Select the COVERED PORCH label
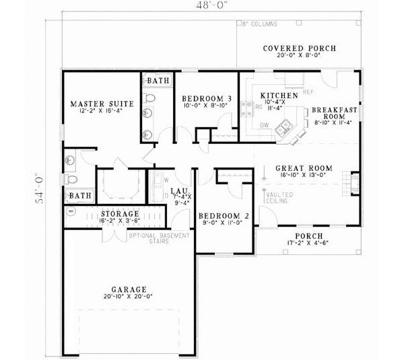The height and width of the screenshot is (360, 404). pyautogui.click(x=299, y=48)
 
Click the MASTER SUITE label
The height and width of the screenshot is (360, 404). pyautogui.click(x=102, y=104)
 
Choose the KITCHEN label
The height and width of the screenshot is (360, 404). pyautogui.click(x=279, y=96)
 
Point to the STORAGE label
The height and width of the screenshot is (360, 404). pyautogui.click(x=120, y=213)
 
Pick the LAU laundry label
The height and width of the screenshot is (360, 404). pyautogui.click(x=178, y=191)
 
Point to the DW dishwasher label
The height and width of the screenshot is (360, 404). pyautogui.click(x=265, y=124)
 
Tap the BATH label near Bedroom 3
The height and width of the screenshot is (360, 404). pyautogui.click(x=159, y=81)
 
